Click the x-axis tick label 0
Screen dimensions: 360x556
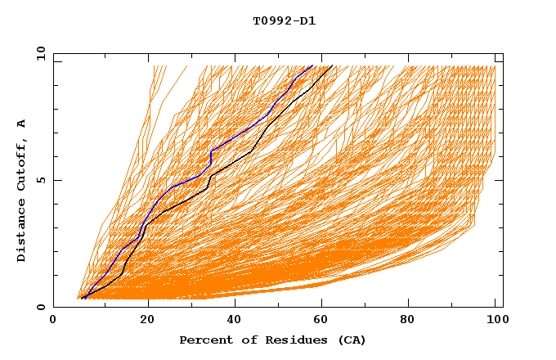53,322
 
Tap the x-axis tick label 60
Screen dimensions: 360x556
325,322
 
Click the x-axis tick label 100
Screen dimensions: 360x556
495,322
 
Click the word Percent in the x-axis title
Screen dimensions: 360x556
203,340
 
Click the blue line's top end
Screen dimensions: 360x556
312,65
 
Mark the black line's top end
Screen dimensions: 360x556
331,65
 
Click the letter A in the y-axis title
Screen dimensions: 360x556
22,124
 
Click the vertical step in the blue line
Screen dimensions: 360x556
211,158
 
